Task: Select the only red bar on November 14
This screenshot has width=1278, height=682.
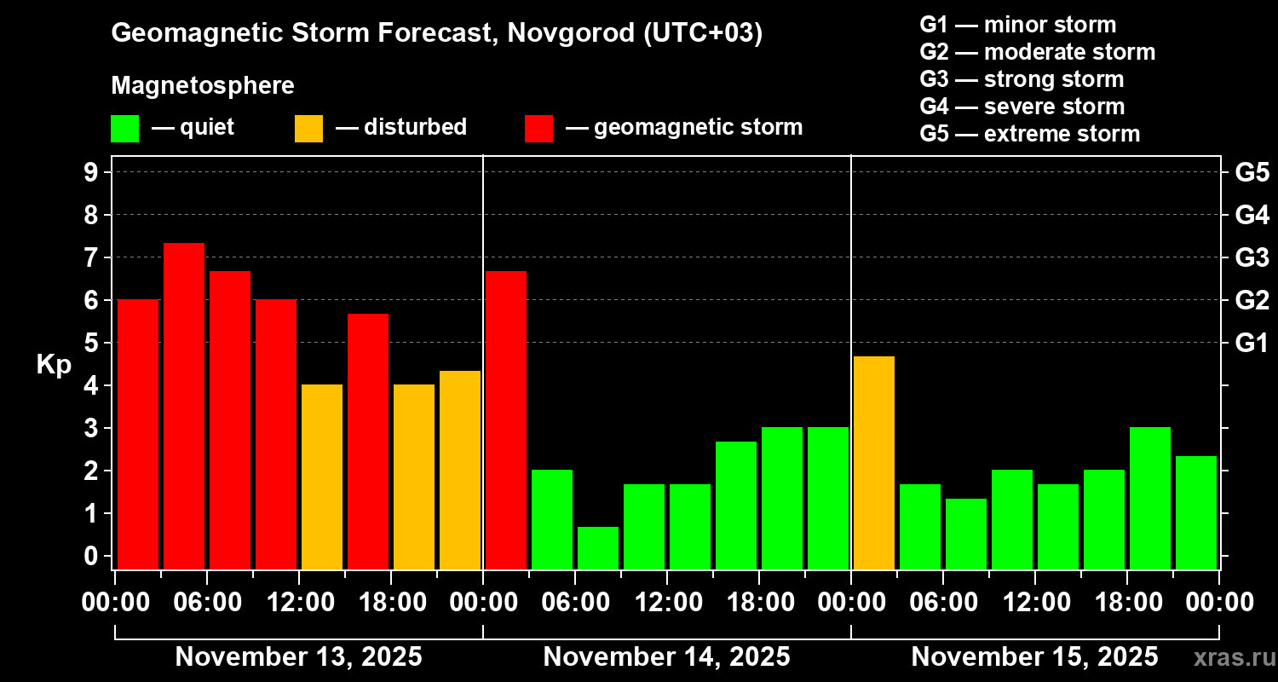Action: pyautogui.click(x=506, y=419)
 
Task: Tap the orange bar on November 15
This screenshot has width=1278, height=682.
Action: pyautogui.click(x=874, y=462)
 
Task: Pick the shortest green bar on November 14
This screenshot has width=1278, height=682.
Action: pyautogui.click(x=598, y=547)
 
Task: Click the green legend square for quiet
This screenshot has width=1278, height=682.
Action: pyautogui.click(x=124, y=128)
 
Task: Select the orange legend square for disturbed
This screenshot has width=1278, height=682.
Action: pyautogui.click(x=308, y=128)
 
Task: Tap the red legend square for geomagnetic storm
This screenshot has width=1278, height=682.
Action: pyautogui.click(x=538, y=128)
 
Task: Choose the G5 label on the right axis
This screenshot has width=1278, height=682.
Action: pyautogui.click(x=1252, y=173)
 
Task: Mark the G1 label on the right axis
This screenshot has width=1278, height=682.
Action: pyautogui.click(x=1252, y=344)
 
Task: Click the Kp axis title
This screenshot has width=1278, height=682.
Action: pyautogui.click(x=53, y=365)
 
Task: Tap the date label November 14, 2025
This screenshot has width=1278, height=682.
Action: pyautogui.click(x=666, y=657)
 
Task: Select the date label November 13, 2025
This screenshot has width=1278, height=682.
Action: pyautogui.click(x=298, y=657)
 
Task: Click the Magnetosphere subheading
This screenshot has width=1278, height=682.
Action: pyautogui.click(x=203, y=86)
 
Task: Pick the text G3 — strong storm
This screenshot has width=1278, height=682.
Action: pyautogui.click(x=1022, y=79)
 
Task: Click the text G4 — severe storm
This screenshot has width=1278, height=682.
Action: pyautogui.click(x=1022, y=107)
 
